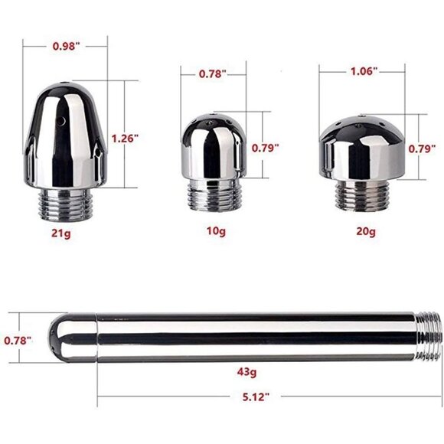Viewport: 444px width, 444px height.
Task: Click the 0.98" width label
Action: point(66,47)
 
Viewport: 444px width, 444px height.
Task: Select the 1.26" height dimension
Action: point(124,139)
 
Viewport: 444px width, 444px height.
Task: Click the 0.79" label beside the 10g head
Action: point(266,145)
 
